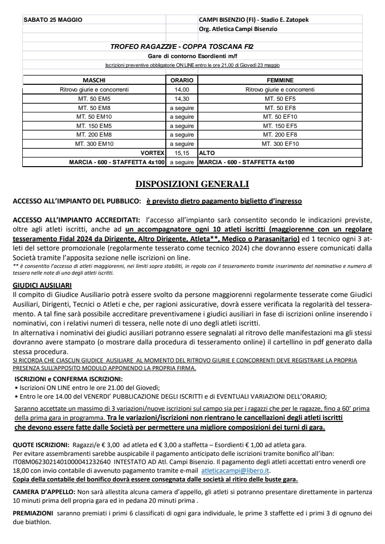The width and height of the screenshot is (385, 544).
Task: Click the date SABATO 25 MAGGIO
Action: click(53, 20)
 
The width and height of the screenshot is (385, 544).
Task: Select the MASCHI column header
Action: click(94, 80)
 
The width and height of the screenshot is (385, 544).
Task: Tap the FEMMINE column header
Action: click(280, 80)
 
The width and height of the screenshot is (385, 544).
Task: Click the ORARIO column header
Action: click(181, 80)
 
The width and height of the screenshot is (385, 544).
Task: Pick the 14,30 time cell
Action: click(181, 98)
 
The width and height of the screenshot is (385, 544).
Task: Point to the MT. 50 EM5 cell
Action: click(94, 98)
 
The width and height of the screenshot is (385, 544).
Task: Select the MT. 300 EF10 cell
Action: click(280, 144)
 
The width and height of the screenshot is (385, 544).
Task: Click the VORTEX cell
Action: click(152, 153)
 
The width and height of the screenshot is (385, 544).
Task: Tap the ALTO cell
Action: click(207, 153)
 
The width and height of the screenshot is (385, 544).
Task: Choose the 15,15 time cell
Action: click(181, 153)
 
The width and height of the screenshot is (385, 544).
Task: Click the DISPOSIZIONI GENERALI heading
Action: click(192, 184)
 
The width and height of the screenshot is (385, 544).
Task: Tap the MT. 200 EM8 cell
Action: click(94, 135)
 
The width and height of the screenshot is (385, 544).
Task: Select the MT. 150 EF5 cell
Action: click(280, 125)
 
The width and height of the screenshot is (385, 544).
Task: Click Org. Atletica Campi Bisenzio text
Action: click(238, 29)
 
